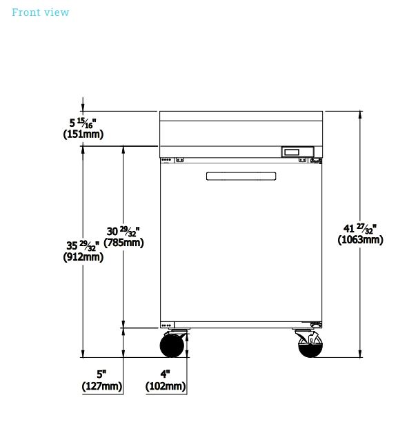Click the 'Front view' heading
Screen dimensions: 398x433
[x=40, y=12]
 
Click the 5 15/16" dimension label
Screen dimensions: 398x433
[x=83, y=123]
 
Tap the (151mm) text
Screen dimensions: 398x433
[x=83, y=134]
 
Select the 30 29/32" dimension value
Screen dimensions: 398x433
[x=123, y=232]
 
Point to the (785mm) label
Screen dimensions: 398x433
[x=123, y=243]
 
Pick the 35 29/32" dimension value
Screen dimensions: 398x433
[x=83, y=245]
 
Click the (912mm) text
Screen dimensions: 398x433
[x=83, y=257]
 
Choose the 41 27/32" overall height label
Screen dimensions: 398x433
[x=360, y=228]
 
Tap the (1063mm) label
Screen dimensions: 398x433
[x=361, y=239]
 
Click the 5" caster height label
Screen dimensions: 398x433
[x=101, y=374]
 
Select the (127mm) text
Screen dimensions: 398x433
[x=102, y=386]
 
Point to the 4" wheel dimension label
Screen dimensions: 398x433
[x=165, y=374]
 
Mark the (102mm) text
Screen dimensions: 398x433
[x=166, y=386]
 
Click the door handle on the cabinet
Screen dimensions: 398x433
[x=241, y=177]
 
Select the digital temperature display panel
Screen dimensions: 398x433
[x=297, y=152]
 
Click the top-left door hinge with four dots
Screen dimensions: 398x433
[x=167, y=160]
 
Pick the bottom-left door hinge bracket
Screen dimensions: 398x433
[x=167, y=325]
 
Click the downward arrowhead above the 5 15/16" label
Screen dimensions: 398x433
[x=83, y=108]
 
